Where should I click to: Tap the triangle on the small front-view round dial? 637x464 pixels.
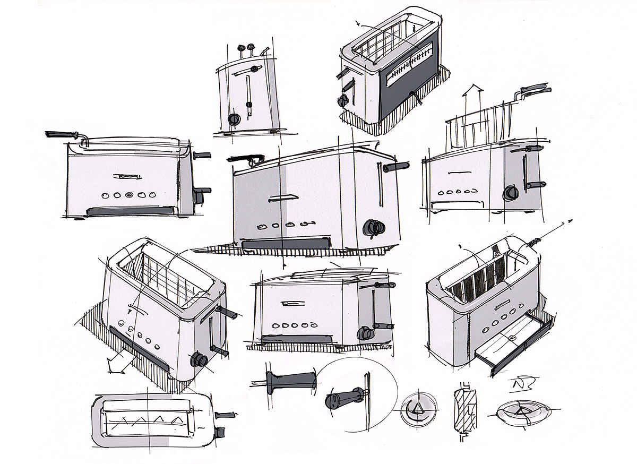click(417, 408)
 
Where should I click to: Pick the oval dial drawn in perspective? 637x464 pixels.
click(521, 413)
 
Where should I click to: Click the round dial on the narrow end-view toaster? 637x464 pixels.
click(233, 119)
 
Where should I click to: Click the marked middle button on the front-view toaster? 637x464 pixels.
click(129, 195)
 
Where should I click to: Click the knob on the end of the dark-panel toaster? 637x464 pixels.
click(341, 100)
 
